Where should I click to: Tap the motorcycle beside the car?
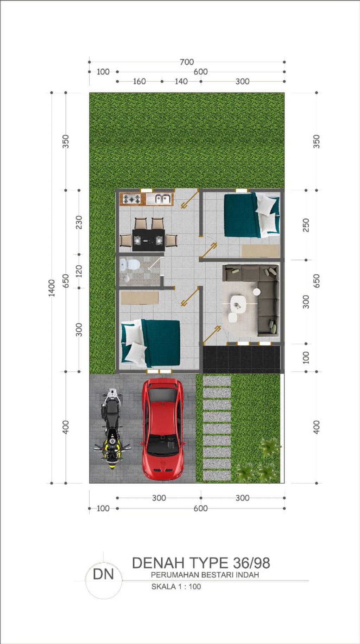[112, 428]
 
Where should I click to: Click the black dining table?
[148, 240]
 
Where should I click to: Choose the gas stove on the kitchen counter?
[132, 199]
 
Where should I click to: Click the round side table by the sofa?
[257, 292]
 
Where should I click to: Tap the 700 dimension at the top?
[187, 62]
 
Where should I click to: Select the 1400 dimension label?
[52, 288]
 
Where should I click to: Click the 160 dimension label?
[139, 81]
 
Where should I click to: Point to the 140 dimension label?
[181, 81]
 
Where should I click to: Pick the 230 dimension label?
[79, 222]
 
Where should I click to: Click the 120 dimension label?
[79, 271]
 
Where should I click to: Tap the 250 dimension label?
[306, 225]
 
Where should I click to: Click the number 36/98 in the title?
[252, 563]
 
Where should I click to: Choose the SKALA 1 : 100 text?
[176, 586]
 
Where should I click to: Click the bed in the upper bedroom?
[252, 215]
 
